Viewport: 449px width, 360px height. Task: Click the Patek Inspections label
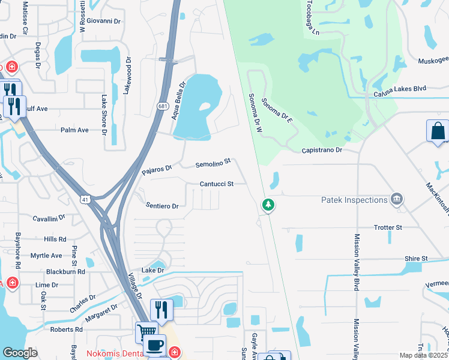[x=354, y=200]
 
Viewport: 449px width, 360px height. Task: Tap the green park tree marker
[x=268, y=206]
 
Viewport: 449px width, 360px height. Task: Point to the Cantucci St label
[x=217, y=184]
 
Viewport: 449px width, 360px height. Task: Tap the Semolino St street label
[x=213, y=163]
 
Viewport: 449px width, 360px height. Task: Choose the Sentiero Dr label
[x=162, y=206]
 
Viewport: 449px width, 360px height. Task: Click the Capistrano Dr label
[x=322, y=150]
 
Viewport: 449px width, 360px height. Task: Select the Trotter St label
[x=387, y=227]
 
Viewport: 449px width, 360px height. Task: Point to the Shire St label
[x=415, y=259]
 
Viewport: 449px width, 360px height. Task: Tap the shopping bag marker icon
[x=438, y=131]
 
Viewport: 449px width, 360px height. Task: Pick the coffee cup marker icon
[x=155, y=345]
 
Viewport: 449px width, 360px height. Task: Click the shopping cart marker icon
[x=146, y=331]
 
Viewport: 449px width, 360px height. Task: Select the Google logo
[x=20, y=353]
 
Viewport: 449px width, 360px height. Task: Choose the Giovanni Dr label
[x=103, y=21]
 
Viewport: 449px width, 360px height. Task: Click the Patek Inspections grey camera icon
[x=396, y=199]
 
